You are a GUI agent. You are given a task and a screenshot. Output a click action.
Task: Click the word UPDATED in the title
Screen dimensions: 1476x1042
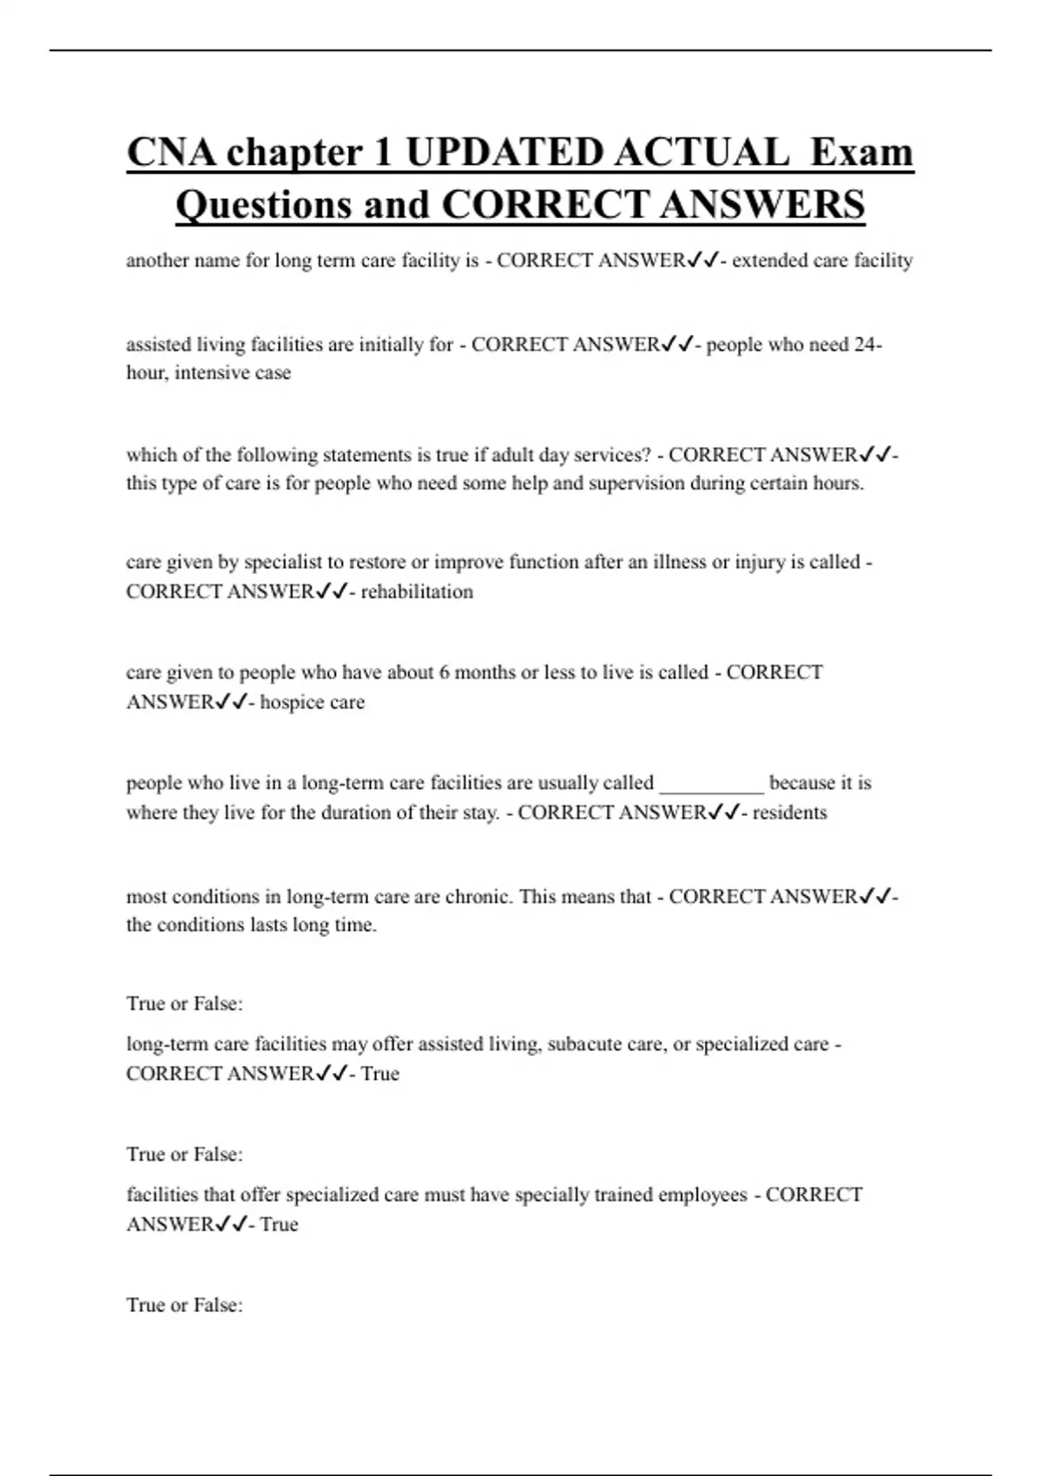click(505, 153)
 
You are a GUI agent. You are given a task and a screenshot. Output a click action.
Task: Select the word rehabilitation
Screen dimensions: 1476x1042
click(417, 592)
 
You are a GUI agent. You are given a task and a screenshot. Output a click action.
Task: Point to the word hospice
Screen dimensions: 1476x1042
click(288, 702)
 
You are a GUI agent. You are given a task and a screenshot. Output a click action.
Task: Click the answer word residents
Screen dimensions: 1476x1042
click(789, 813)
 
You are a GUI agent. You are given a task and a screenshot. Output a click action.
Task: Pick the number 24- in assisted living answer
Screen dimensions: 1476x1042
click(867, 345)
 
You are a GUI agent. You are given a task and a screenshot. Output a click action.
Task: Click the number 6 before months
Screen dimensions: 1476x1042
click(445, 673)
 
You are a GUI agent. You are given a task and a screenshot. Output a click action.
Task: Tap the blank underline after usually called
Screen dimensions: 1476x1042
click(712, 784)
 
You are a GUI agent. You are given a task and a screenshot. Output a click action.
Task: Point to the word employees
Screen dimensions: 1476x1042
click(702, 1196)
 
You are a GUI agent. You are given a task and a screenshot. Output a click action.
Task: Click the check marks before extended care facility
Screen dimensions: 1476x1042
click(702, 260)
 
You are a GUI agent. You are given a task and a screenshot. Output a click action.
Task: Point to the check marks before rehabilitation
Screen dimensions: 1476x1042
click(331, 592)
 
